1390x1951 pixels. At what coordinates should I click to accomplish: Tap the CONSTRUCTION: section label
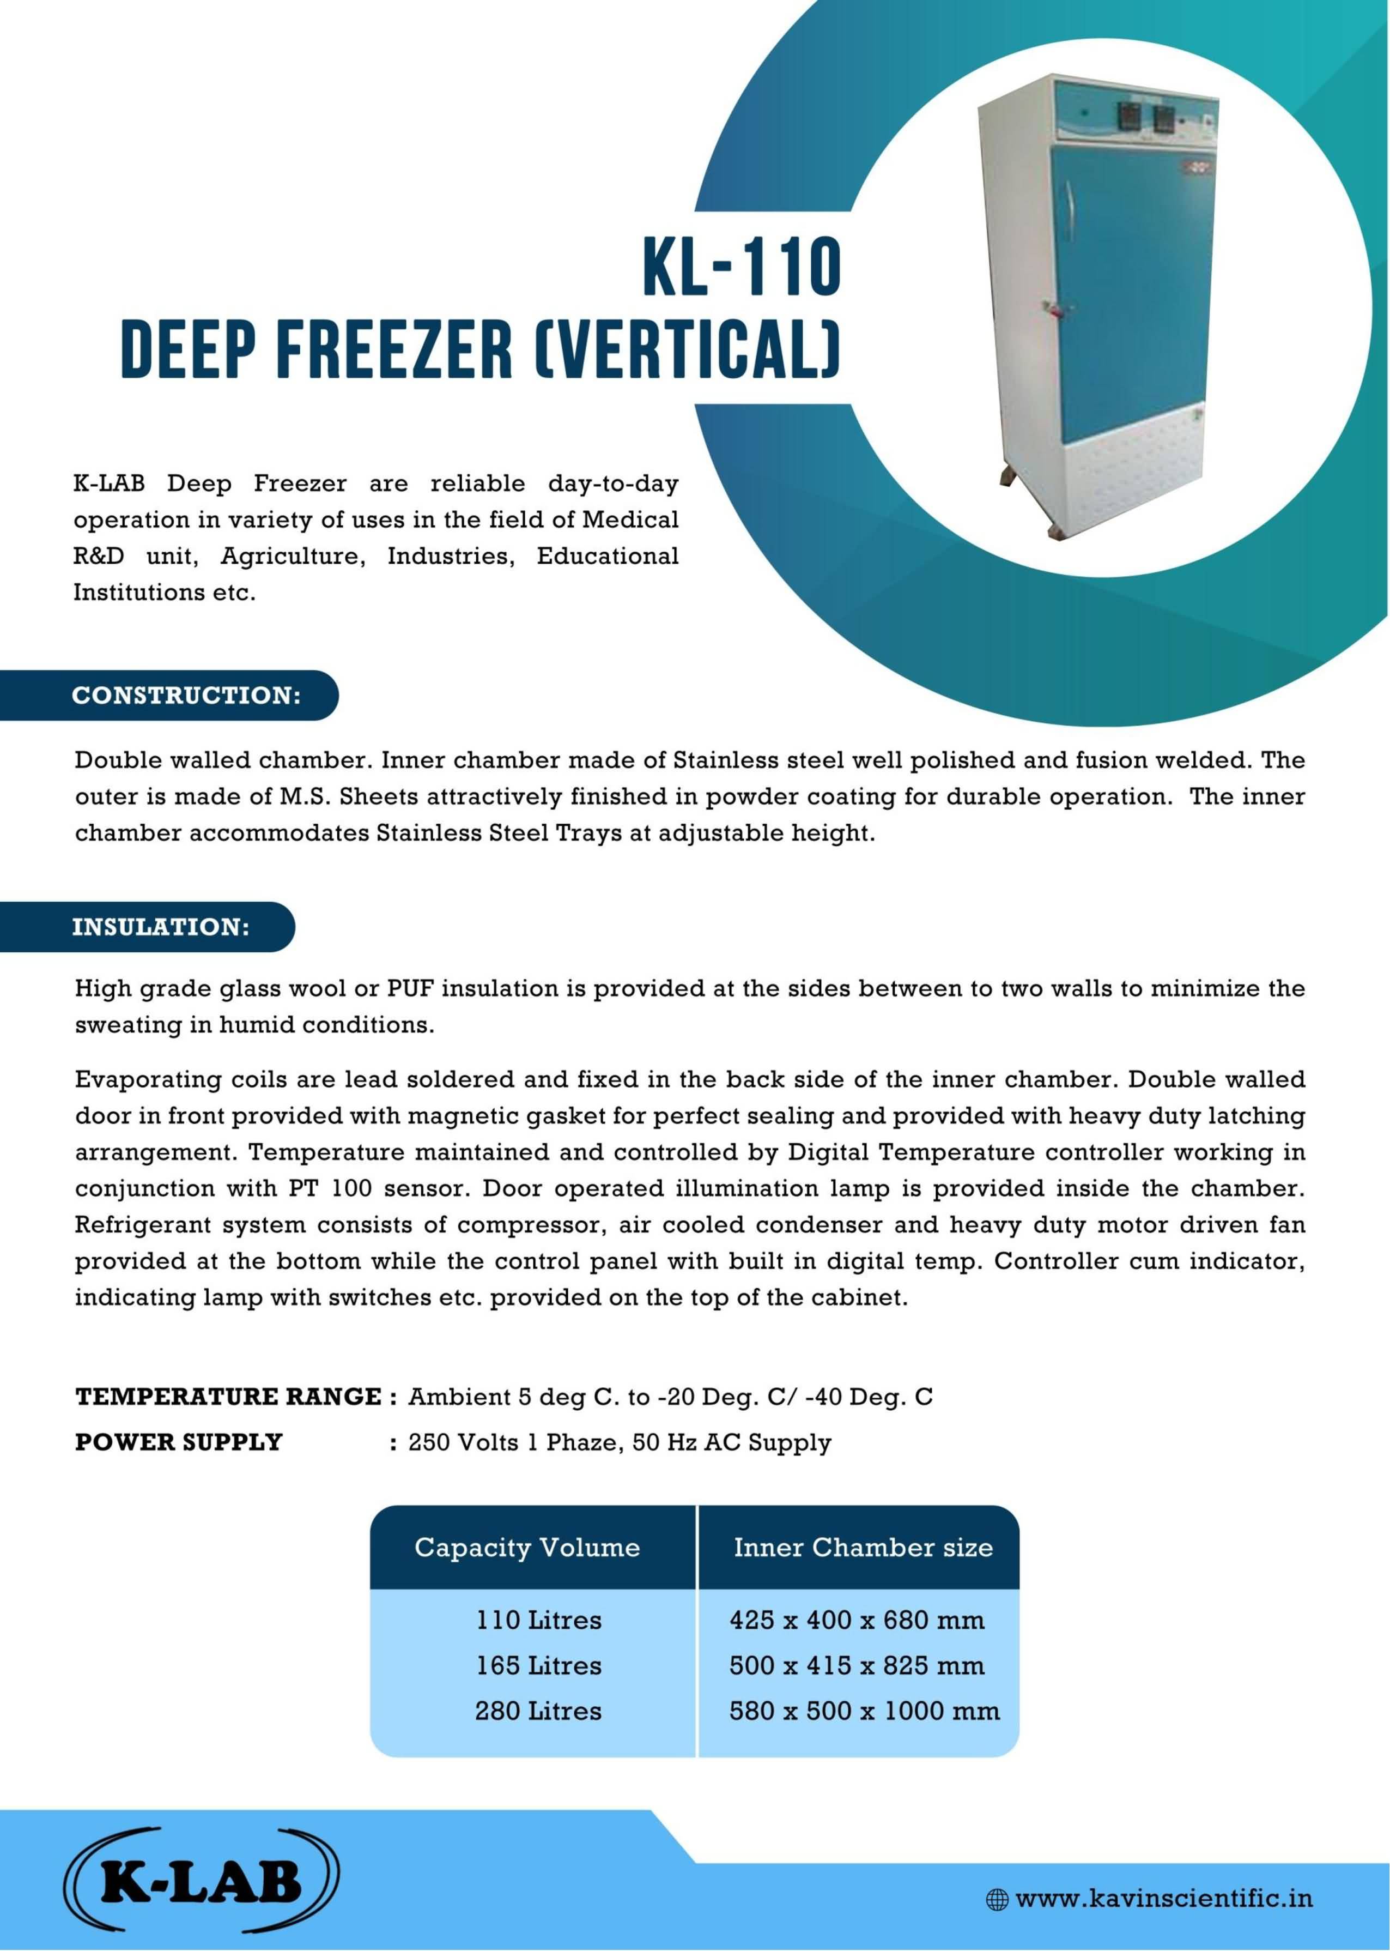click(186, 695)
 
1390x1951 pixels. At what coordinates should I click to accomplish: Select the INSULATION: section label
click(161, 927)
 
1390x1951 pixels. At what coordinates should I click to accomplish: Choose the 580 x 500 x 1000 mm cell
click(864, 1711)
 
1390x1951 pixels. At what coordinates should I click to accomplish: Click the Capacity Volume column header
click(527, 1548)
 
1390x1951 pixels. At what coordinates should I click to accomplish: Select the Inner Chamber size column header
click(863, 1548)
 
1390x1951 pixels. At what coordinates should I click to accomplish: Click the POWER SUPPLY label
click(179, 1442)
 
